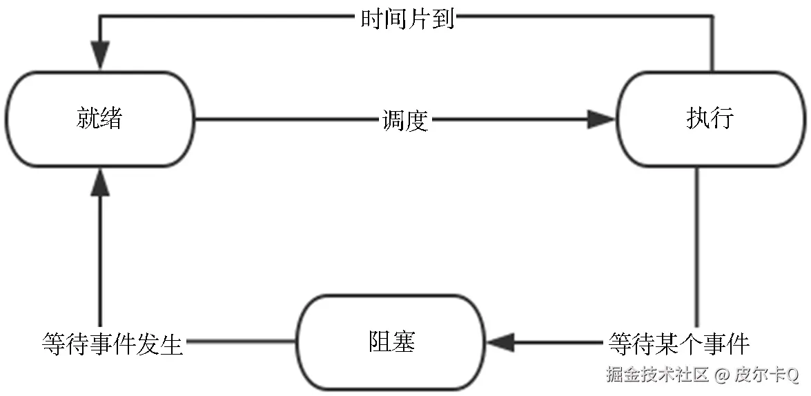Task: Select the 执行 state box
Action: pyautogui.click(x=711, y=119)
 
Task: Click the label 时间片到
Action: pyautogui.click(x=407, y=19)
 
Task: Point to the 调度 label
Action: pyautogui.click(x=406, y=120)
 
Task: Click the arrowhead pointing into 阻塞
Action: pyautogui.click(x=501, y=342)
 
